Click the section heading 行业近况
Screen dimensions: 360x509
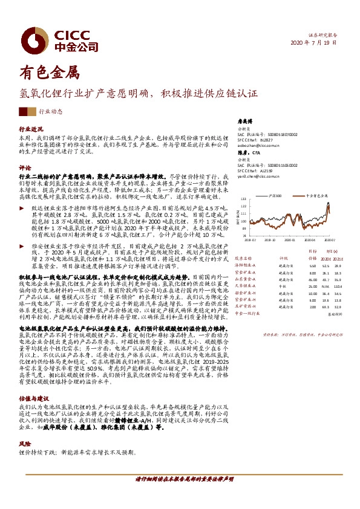(x=31, y=129)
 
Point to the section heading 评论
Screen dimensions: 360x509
(x=25, y=167)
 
